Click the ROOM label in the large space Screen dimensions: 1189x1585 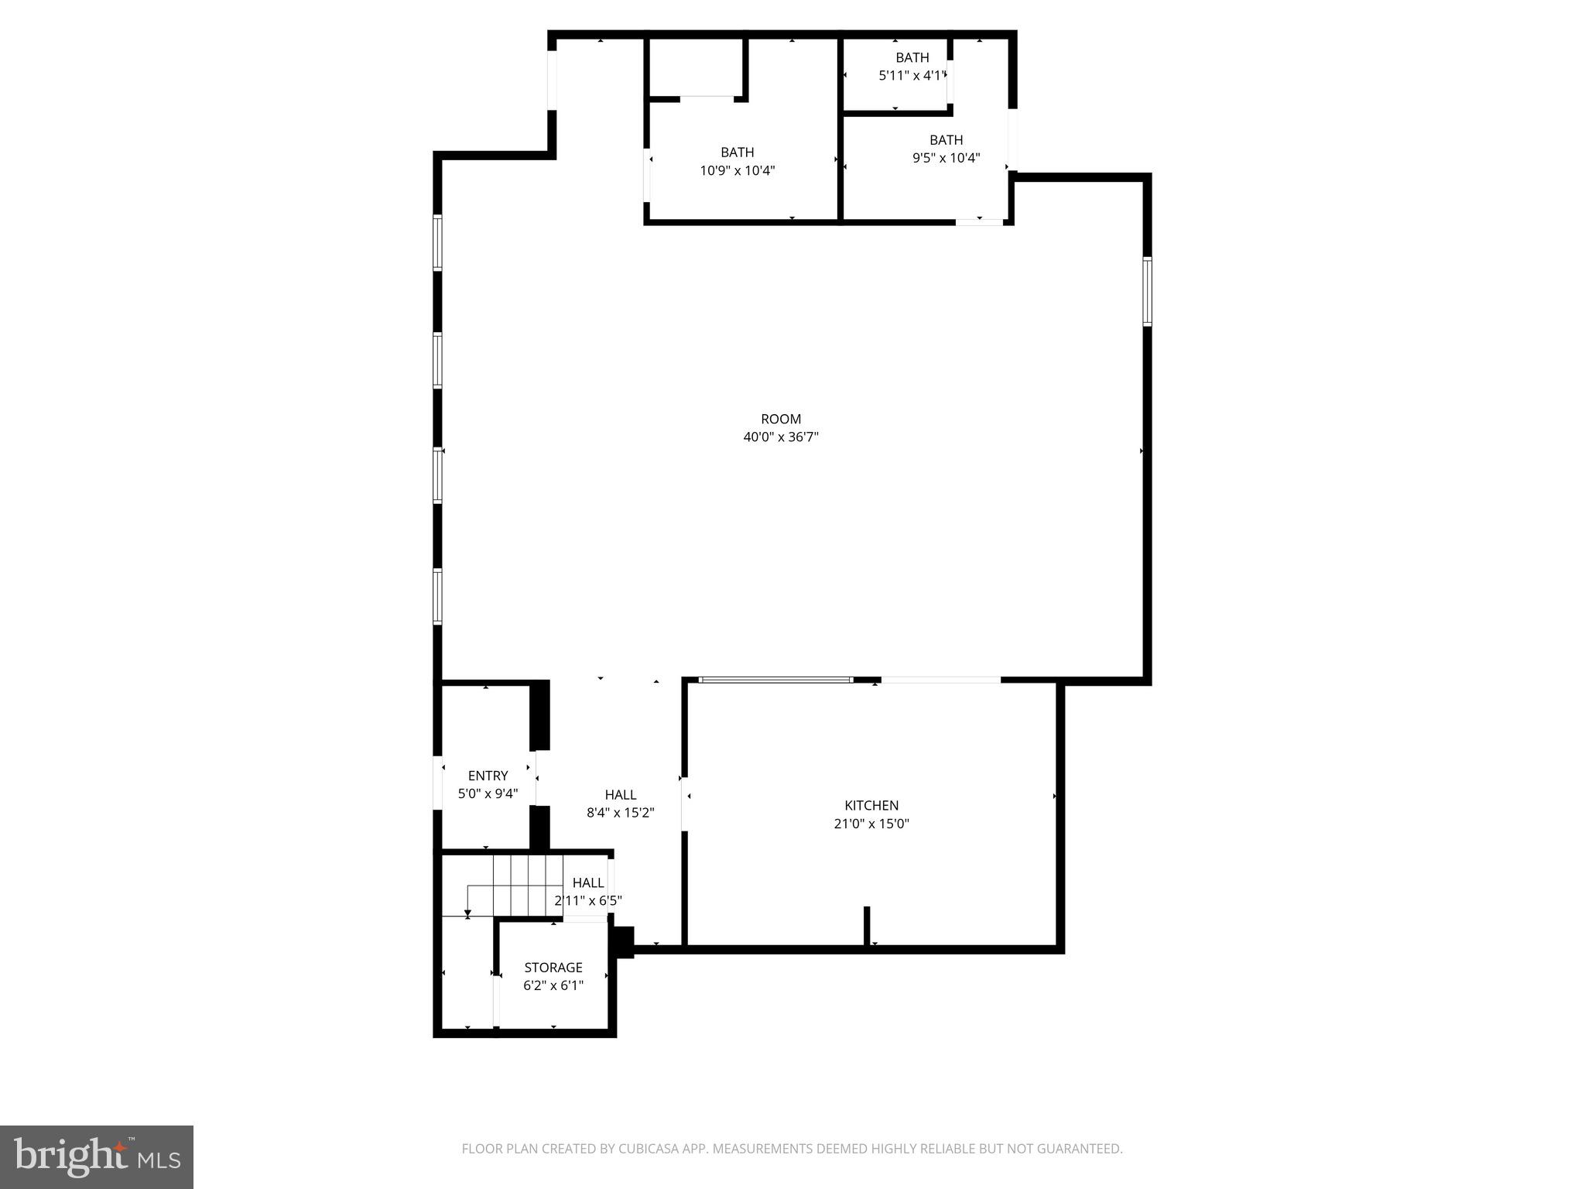tap(780, 419)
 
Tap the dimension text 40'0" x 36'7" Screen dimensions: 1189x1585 tap(780, 437)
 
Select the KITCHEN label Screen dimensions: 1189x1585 tap(871, 805)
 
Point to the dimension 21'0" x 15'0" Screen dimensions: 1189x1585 tap(871, 824)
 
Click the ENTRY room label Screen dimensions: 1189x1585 tap(488, 776)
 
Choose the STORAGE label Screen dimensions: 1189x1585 tap(553, 967)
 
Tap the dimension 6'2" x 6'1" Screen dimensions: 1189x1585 tap(553, 985)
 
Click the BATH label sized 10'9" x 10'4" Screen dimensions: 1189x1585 tap(737, 152)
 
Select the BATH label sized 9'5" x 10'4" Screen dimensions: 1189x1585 tap(946, 140)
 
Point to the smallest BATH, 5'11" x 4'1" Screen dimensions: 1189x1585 tap(912, 57)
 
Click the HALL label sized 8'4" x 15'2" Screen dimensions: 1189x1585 tap(620, 794)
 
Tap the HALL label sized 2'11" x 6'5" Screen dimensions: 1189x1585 tap(587, 882)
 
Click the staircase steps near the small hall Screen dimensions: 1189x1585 tap(526, 885)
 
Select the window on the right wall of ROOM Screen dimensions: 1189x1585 tap(1147, 291)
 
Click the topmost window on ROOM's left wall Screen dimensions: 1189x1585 tap(437, 242)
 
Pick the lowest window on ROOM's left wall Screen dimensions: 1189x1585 tap(437, 596)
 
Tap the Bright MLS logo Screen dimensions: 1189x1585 tap(96, 1156)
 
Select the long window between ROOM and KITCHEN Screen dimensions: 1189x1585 tap(775, 680)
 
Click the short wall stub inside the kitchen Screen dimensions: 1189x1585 tap(867, 925)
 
